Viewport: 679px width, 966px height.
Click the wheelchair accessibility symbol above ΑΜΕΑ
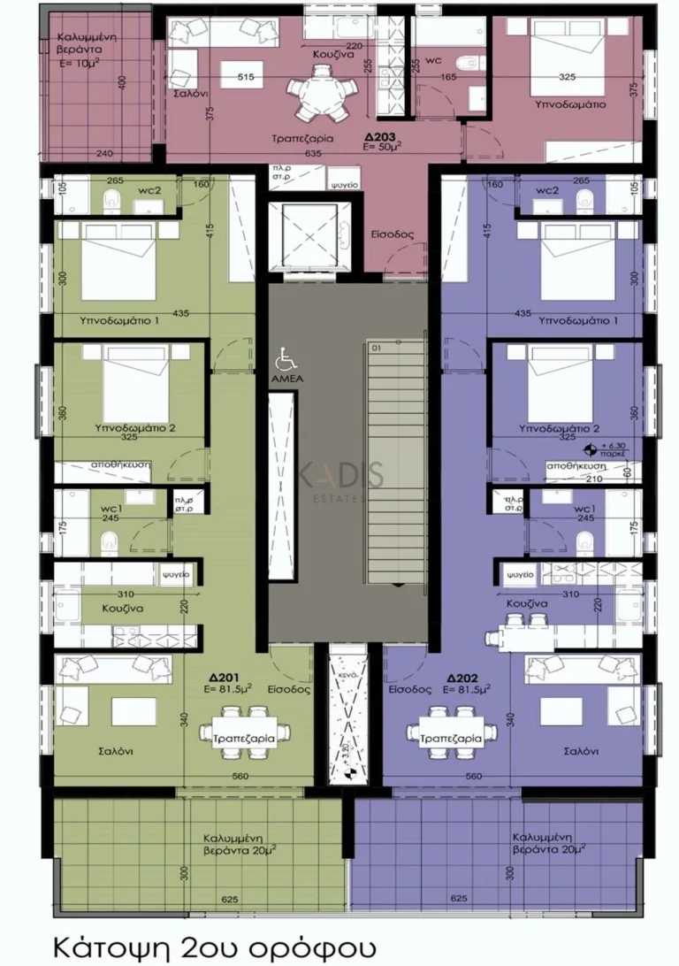coord(286,360)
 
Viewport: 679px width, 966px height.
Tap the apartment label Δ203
coord(382,137)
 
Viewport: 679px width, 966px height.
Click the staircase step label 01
coord(376,348)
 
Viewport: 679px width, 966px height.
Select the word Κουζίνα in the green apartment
coord(99,609)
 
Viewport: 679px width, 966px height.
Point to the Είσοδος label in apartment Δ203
coord(388,235)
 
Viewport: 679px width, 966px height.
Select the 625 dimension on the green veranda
coord(230,900)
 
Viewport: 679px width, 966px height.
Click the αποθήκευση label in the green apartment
coord(118,464)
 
